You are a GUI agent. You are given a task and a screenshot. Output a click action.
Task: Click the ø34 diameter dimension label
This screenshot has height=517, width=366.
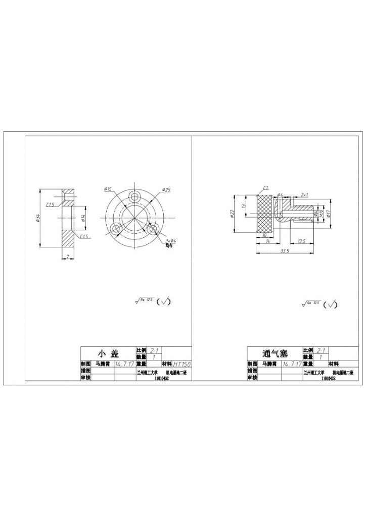38,218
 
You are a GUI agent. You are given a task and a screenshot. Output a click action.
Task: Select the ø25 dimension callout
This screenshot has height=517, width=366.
166,190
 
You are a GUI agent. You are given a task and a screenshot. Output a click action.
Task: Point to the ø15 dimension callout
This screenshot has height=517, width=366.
108,189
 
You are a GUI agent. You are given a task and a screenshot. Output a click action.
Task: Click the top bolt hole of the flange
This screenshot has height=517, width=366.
134,196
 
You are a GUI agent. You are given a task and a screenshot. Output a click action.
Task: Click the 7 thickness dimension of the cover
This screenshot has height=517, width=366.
68,257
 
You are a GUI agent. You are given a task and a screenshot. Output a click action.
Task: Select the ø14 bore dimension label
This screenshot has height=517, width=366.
83,218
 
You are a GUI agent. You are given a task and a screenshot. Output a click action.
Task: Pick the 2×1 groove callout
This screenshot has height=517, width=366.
304,194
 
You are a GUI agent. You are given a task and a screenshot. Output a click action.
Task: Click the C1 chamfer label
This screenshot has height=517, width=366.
265,188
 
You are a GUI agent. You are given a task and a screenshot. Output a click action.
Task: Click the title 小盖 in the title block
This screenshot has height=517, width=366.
108,353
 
